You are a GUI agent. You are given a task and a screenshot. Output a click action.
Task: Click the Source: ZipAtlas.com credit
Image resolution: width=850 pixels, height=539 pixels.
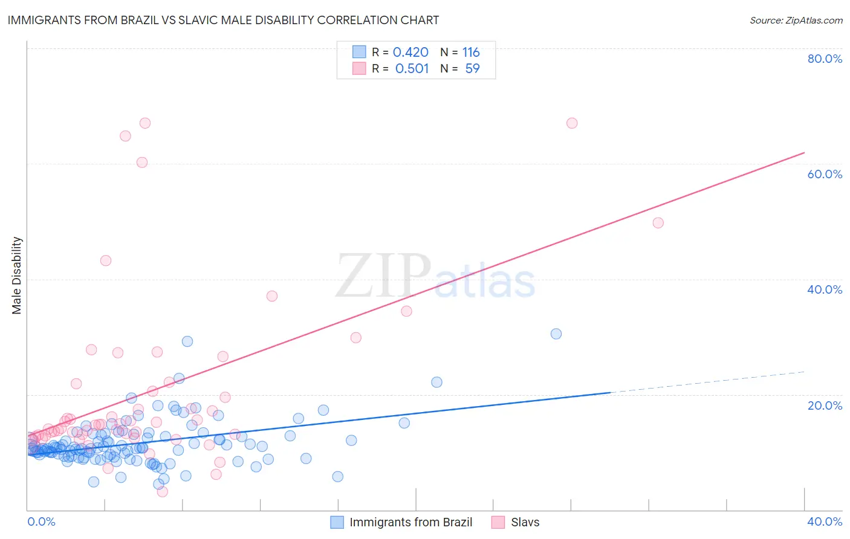coord(796,21)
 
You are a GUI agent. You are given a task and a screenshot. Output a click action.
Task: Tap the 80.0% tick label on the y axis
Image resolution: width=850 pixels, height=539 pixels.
coord(825,59)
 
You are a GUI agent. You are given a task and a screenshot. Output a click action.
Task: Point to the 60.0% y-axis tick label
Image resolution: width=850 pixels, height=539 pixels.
coord(825,174)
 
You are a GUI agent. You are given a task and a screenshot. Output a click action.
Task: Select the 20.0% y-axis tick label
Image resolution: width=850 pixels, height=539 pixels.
coord(825,405)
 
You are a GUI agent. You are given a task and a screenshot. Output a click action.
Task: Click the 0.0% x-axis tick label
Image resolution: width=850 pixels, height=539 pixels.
coord(41,521)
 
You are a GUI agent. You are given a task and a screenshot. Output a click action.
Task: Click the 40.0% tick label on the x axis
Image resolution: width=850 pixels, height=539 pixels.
coord(825,521)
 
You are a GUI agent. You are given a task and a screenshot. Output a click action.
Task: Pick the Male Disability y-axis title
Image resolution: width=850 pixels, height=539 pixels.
coord(17,276)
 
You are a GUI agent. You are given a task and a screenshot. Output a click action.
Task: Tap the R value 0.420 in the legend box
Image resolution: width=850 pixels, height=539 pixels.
coord(410,53)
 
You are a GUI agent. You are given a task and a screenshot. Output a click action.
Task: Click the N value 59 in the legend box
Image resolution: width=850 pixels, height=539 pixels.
coord(472,69)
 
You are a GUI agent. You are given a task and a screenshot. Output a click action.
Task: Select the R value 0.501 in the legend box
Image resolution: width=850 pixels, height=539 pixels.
coord(412,69)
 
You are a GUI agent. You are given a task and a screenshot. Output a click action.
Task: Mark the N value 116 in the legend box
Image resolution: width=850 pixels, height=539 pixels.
coord(471,53)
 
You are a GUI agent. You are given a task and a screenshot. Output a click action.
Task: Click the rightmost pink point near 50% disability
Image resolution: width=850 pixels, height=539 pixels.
coord(658,223)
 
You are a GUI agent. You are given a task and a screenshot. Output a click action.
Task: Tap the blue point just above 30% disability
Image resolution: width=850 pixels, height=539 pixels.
coord(556,334)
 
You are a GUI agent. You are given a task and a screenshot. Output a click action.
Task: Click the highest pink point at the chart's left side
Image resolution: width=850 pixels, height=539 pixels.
coord(145,123)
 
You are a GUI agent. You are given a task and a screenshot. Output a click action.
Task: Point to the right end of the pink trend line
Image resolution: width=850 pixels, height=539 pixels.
coord(804,153)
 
